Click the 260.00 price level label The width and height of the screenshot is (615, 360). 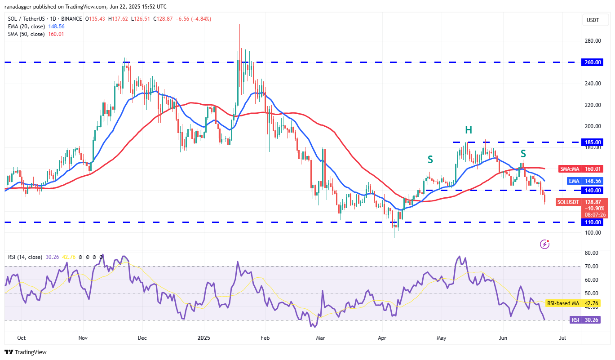tap(593, 62)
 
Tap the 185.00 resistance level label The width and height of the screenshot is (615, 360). tap(593, 142)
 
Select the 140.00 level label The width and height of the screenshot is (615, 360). tap(593, 191)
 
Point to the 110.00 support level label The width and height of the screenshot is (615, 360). tap(593, 222)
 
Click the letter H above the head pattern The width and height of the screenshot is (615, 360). tap(469, 130)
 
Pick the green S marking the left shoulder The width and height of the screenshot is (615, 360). tap(430, 159)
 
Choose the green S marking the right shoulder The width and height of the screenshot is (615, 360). tap(523, 154)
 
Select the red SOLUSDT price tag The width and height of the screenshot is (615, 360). tap(568, 202)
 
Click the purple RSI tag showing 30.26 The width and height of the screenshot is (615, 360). tap(575, 320)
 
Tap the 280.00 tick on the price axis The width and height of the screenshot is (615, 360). tap(593, 41)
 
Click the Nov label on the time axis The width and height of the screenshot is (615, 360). tap(82, 337)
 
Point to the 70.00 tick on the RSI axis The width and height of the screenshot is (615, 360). tap(592, 267)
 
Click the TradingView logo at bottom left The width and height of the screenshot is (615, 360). tap(26, 352)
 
